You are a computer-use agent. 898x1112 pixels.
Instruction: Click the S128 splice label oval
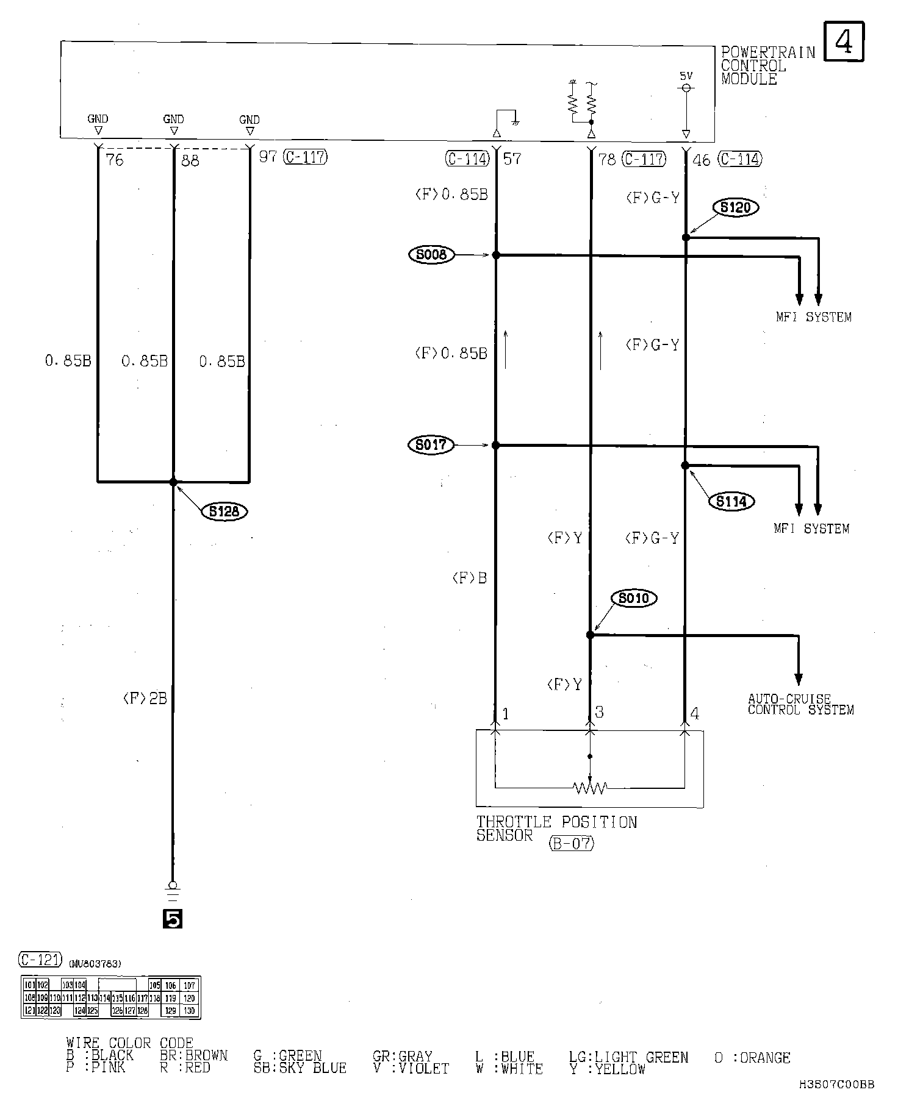[224, 511]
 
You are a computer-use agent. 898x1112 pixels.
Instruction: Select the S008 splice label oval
[431, 255]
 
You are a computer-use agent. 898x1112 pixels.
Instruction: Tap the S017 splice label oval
[431, 445]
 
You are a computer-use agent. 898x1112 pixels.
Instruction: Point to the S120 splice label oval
[735, 207]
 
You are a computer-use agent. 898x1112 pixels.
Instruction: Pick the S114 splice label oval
[731, 502]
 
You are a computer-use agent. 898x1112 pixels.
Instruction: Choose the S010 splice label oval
[634, 599]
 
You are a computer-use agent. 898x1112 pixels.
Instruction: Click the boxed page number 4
[844, 41]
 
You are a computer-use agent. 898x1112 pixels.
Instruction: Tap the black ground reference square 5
[173, 919]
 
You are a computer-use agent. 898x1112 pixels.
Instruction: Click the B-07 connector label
[571, 844]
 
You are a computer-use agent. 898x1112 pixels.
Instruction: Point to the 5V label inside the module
[686, 76]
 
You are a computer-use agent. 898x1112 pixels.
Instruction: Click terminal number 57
[512, 160]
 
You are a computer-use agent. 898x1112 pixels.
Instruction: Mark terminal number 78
[607, 160]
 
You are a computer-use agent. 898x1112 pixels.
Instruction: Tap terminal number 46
[702, 160]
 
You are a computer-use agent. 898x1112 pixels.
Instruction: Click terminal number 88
[190, 161]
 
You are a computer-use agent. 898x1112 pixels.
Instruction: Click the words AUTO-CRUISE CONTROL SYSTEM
[800, 705]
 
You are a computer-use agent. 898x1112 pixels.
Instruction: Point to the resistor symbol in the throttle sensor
[589, 788]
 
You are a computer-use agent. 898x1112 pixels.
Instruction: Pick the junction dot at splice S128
[173, 482]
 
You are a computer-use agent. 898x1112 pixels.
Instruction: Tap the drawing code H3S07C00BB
[837, 1085]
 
